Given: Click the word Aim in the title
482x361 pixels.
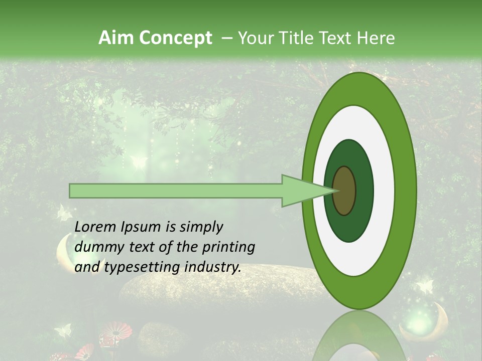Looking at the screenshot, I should click(117, 38).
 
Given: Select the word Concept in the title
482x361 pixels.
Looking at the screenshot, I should click(176, 38).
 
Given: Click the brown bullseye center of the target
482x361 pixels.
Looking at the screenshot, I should click(344, 191).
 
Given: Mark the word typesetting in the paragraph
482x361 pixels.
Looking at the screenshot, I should click(141, 267).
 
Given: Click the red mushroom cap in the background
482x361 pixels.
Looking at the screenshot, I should click(115, 330).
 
